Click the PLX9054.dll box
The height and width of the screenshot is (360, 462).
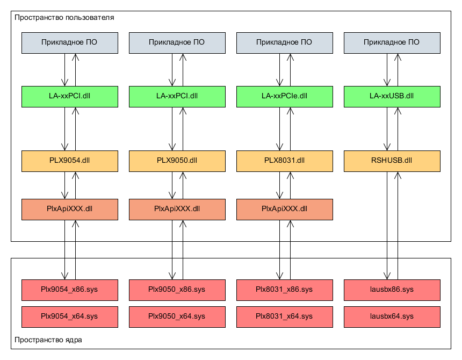(x=70, y=161)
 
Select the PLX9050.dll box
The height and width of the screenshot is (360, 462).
(x=177, y=161)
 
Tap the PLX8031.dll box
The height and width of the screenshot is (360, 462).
(x=285, y=161)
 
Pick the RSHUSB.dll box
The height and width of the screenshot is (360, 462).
(x=392, y=161)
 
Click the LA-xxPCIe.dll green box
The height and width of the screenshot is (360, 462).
(x=285, y=97)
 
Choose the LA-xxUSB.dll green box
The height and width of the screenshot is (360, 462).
(x=392, y=97)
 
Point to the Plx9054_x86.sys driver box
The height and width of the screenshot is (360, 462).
(x=70, y=290)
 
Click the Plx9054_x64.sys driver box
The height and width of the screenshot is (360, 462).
(x=70, y=317)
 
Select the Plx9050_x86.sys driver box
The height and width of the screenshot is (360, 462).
(x=177, y=290)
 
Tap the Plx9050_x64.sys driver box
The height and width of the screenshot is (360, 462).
(x=177, y=317)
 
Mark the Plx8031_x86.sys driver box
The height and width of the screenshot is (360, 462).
(x=285, y=290)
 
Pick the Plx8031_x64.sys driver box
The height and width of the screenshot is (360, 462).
(x=285, y=317)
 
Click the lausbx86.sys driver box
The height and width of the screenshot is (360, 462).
(x=392, y=290)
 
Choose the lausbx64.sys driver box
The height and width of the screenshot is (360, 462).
(x=392, y=317)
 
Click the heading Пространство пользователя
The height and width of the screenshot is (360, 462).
(x=64, y=18)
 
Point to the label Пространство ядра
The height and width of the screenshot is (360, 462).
(x=48, y=340)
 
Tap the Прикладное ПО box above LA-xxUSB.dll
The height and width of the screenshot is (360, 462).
(x=392, y=43)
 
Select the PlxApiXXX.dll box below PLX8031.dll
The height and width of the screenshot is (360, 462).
(x=285, y=210)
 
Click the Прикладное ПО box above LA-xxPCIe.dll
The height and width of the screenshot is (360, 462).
(x=285, y=43)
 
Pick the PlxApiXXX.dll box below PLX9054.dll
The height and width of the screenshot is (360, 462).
(x=70, y=210)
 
